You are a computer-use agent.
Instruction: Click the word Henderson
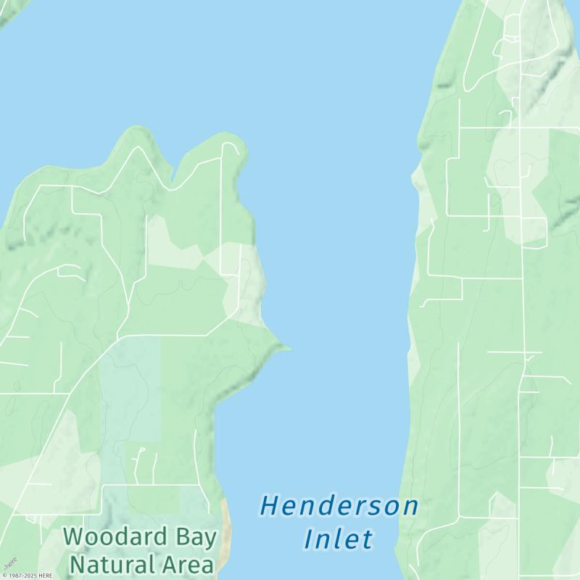pos(339,506)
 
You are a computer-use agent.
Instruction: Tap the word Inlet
pos(338,539)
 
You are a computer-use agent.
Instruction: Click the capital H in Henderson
pos(270,506)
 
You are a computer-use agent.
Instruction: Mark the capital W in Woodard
pos(73,537)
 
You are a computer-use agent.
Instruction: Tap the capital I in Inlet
pos(309,539)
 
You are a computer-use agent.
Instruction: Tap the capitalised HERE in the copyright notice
pos(46,576)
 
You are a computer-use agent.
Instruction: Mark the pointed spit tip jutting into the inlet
pos(289,348)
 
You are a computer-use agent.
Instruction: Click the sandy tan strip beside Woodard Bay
pos(226,529)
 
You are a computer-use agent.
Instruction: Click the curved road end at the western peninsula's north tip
pos(231,144)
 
